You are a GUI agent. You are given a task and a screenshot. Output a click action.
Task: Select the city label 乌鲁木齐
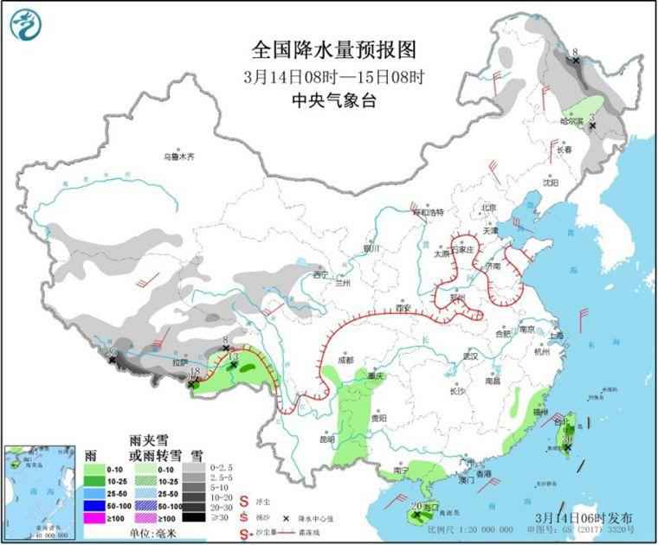[180, 157]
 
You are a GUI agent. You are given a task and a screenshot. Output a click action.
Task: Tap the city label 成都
[345, 359]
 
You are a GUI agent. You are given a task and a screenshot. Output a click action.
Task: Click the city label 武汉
[470, 356]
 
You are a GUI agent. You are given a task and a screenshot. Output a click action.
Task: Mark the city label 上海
[556, 336]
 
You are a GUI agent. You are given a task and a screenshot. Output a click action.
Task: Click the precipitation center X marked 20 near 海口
[417, 514]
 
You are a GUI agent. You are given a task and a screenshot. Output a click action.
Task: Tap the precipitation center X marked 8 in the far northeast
[576, 61]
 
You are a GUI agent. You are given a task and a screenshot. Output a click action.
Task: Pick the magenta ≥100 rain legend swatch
[97, 516]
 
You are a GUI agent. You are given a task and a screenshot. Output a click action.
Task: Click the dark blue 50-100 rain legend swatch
[97, 504]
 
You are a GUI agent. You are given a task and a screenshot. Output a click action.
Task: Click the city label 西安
[401, 307]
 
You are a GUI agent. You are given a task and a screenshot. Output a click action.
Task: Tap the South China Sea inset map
[34, 489]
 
